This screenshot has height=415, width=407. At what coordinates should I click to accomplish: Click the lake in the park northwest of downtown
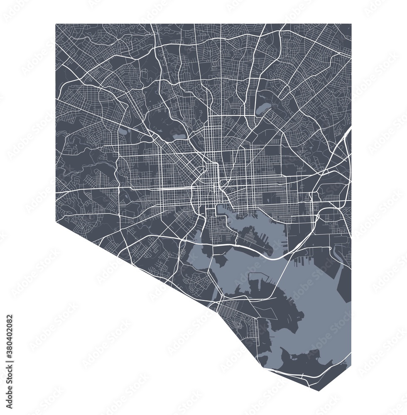tap(179, 136)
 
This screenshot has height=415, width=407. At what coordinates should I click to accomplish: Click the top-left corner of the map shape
tap(56, 24)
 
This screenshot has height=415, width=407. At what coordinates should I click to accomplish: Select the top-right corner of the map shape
tap(351, 24)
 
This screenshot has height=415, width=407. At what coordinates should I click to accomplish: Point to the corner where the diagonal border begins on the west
tap(56, 219)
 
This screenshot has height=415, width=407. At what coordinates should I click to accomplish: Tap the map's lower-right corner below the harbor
tap(351, 365)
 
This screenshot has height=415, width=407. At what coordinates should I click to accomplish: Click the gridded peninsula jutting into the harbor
tap(253, 241)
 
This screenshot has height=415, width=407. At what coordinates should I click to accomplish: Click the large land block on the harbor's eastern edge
tap(344, 282)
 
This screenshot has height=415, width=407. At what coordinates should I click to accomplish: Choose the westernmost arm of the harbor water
tap(195, 257)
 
